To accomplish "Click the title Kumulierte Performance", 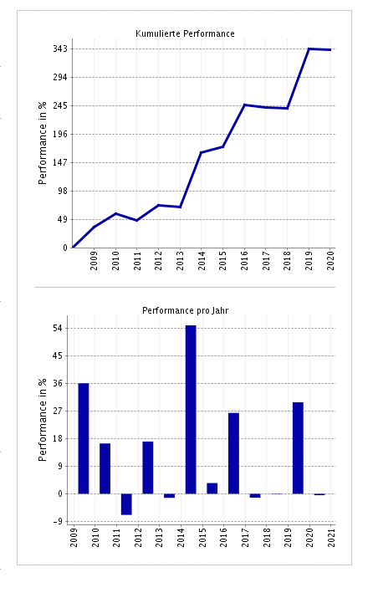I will coord(185,33).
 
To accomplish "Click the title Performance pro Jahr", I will coord(185,310).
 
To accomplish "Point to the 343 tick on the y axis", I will coord(60,49).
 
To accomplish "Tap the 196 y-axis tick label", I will coord(60,134).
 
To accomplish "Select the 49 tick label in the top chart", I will coord(63,219).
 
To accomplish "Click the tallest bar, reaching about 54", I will coord(191,409).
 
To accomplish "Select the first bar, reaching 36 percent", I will coord(84,438).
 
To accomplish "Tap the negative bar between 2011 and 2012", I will coord(126,504).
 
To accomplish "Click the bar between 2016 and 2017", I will coord(233,452).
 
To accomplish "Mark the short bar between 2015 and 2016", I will coord(212,488).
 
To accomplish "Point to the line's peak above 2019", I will coord(309,49).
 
